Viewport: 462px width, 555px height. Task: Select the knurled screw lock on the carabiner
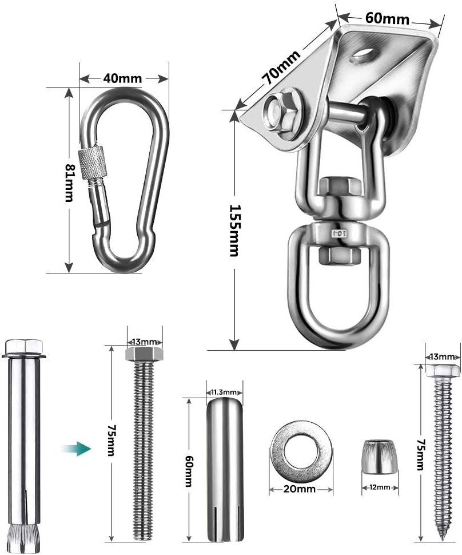pyautogui.click(x=92, y=163)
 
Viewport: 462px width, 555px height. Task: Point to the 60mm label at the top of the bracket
pyautogui.click(x=387, y=18)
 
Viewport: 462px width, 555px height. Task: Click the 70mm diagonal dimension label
pyautogui.click(x=282, y=66)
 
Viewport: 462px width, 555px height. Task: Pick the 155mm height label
pyautogui.click(x=234, y=231)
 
